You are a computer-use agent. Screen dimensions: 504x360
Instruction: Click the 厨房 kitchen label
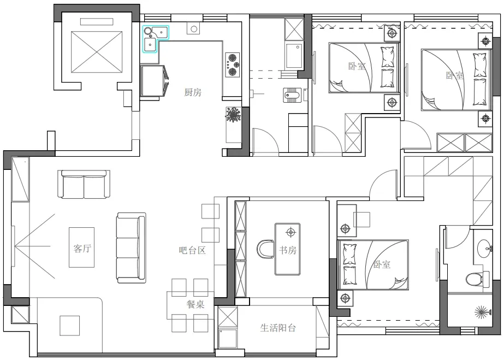click(193, 92)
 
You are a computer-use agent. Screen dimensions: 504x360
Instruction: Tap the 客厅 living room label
click(82, 248)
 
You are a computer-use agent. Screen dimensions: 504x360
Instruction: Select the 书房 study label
click(288, 250)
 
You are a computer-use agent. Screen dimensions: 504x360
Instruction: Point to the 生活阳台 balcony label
click(278, 328)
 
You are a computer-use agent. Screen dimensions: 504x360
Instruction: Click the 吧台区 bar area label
click(192, 250)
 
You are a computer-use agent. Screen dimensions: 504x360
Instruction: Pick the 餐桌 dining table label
click(195, 304)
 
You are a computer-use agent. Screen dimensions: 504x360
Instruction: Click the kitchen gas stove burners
click(233, 65)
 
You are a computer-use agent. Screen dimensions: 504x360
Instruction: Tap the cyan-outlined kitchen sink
click(156, 39)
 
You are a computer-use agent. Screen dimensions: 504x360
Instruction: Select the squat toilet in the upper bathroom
click(293, 95)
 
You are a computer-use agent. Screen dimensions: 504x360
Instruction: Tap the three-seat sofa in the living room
click(131, 248)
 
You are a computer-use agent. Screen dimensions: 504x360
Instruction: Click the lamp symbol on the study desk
click(291, 232)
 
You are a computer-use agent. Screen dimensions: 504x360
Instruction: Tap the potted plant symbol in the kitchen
click(233, 115)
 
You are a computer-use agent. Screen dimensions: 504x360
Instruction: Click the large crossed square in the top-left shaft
click(97, 52)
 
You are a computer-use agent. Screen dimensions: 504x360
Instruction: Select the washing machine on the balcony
click(228, 338)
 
